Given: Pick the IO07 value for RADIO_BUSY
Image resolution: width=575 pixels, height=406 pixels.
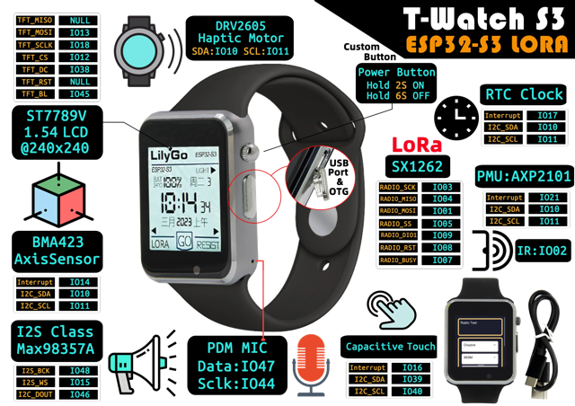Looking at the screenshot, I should (x=442, y=260).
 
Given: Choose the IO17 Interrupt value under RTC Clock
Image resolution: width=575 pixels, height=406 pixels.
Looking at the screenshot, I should (x=548, y=116).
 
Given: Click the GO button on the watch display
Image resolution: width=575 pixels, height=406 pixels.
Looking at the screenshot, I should (x=183, y=242).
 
